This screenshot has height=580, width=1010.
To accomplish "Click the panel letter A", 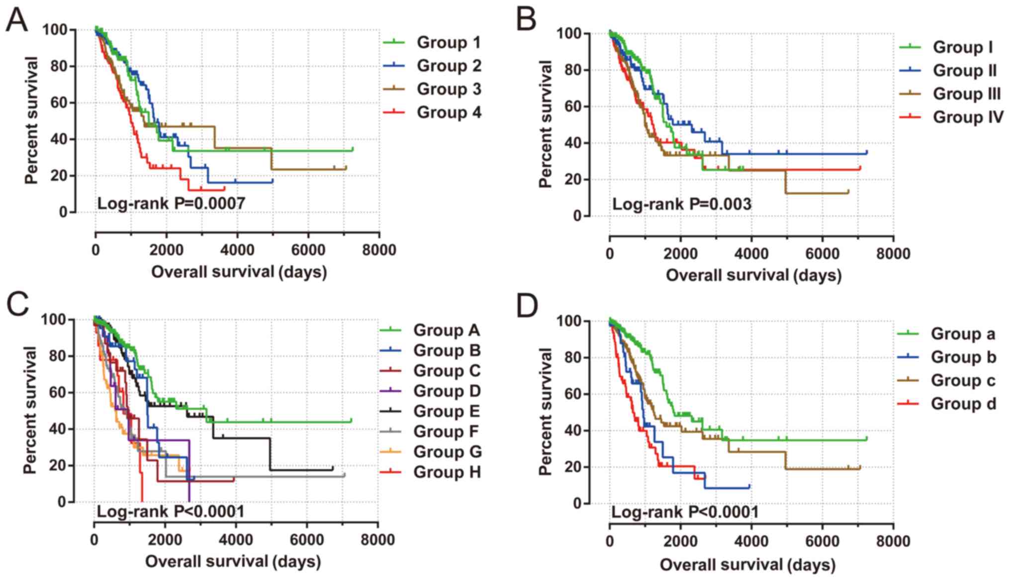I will tap(17, 21).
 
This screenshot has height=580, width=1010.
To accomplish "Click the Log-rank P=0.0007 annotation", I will tap(171, 203).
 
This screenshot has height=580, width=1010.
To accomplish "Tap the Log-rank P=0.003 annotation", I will tap(681, 204).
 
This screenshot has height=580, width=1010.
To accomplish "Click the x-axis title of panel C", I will tap(233, 562).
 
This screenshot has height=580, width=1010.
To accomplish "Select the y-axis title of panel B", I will tap(546, 124).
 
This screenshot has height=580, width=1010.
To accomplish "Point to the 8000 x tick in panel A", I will tap(379, 250).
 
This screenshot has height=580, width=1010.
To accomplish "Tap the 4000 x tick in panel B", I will tap(751, 254).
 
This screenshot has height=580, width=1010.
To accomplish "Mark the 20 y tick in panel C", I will tap(61, 466).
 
